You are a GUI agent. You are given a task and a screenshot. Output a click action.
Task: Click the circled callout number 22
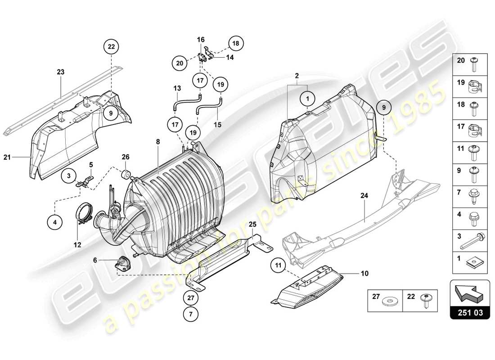[111, 46]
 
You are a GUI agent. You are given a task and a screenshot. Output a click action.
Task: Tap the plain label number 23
[60, 72]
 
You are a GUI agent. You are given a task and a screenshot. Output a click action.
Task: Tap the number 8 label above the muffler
[158, 141]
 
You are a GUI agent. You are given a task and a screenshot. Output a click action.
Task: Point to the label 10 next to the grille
[364, 273]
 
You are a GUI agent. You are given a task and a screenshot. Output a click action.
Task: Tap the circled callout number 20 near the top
[180, 63]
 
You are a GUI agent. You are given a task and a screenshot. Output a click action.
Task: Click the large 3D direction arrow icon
[470, 292]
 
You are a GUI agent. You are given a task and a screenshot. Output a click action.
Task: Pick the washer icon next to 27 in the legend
[387, 300]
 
